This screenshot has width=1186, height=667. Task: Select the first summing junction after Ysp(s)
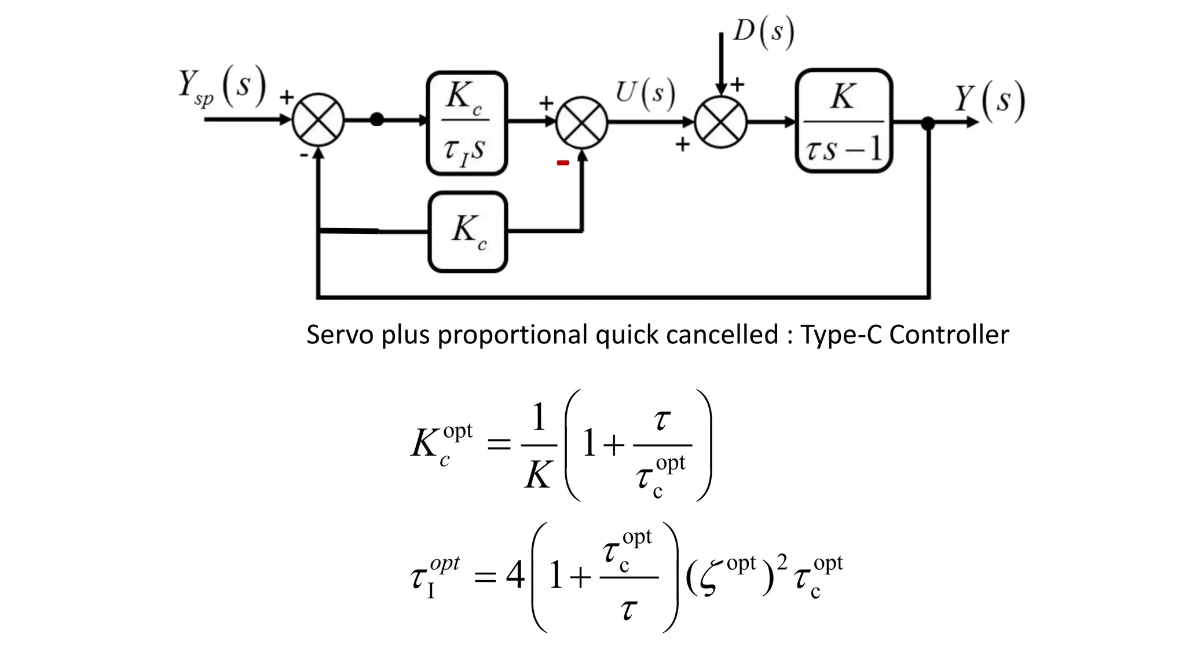pos(318,120)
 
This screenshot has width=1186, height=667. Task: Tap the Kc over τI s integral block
pos(467,123)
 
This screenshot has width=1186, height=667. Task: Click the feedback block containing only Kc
pos(467,232)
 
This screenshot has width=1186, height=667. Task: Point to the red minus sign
pos(562,163)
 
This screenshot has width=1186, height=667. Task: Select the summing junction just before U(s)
pos(581,122)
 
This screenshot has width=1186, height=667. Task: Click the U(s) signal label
pos(645,94)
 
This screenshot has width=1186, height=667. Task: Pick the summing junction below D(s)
pos(720,122)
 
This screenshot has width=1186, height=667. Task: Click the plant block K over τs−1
pos(844,121)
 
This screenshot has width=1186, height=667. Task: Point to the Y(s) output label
pos(990,100)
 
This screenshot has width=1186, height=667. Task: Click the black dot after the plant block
pos(928,123)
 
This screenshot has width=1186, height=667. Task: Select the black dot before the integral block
pos(377,120)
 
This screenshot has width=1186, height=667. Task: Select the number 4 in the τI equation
pos(515,576)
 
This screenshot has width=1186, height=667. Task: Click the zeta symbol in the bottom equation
pos(711,577)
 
